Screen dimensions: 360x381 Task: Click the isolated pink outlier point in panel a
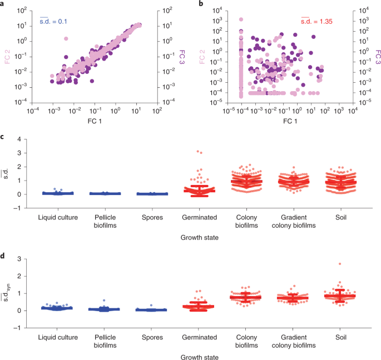tap(66, 39)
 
